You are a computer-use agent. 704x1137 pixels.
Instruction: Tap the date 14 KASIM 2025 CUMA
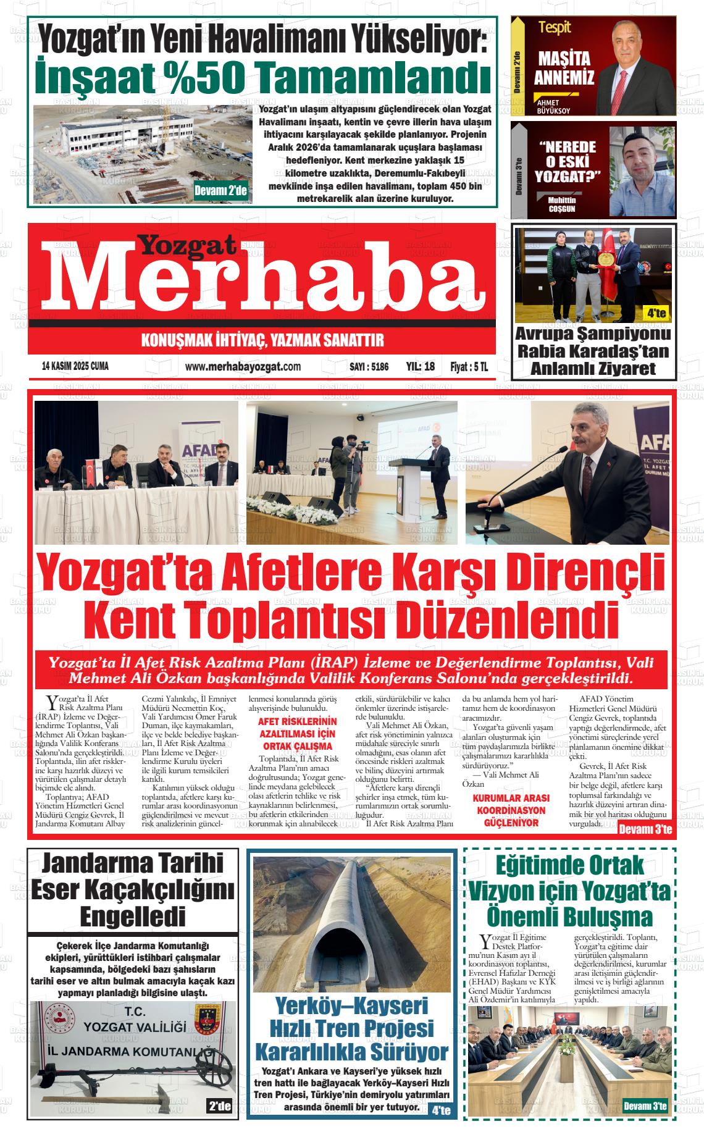tap(75, 367)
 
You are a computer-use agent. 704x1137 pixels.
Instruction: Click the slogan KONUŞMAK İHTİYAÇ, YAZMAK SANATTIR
tap(263, 340)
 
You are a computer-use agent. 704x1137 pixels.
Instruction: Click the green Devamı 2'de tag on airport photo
tap(220, 191)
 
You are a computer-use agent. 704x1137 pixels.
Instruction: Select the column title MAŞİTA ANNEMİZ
tap(564, 68)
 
